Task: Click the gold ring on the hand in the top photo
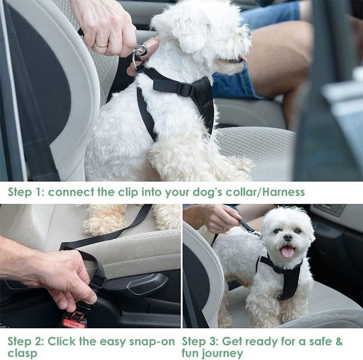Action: (102, 44)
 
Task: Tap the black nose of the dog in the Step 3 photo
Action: (287, 237)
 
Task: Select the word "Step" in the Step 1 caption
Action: (20, 192)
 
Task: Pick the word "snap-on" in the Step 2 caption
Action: (152, 342)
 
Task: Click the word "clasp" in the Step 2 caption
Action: (22, 354)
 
